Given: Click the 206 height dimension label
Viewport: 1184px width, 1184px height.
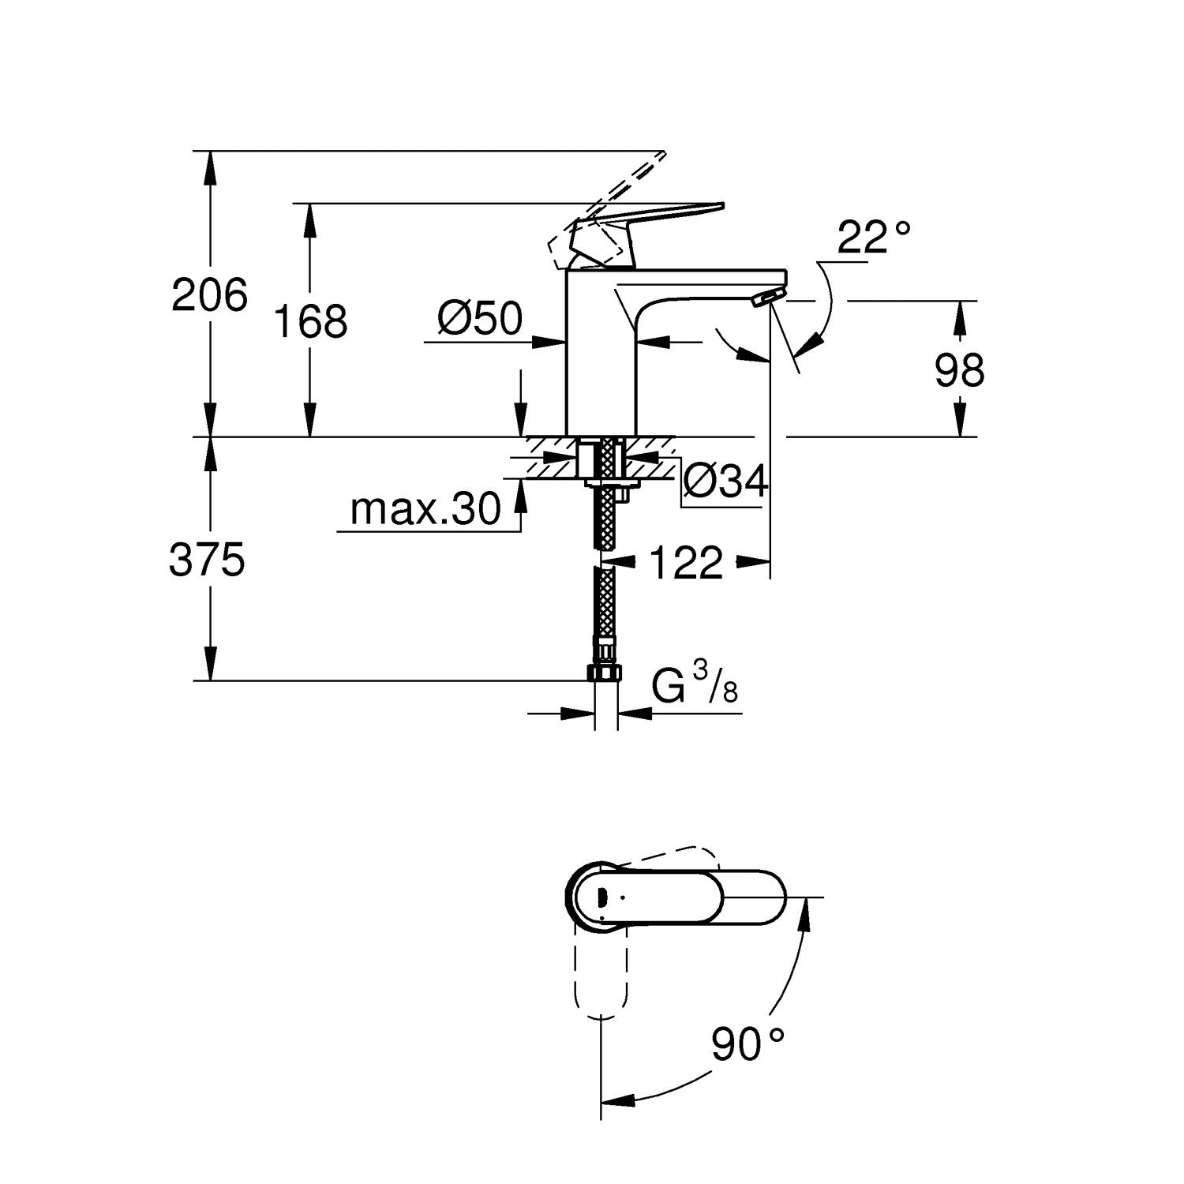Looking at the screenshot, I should [x=210, y=296].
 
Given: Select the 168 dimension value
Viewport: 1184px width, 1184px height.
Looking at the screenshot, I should [x=310, y=321].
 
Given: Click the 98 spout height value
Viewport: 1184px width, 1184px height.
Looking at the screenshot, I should [x=959, y=370].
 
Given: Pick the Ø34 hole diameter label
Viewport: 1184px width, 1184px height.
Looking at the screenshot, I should [x=725, y=481].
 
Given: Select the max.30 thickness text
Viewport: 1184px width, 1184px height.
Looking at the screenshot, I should [x=425, y=509].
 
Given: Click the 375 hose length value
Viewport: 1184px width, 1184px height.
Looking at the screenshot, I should [x=208, y=560].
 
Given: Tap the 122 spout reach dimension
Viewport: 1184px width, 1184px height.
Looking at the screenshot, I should [x=685, y=564].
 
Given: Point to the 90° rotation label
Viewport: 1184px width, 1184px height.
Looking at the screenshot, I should [x=747, y=1044].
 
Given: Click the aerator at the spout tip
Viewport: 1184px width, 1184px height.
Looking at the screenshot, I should [x=766, y=298].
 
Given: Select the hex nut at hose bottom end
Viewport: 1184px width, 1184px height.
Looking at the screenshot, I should [x=605, y=673].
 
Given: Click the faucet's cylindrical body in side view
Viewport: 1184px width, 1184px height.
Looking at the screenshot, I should [x=600, y=355].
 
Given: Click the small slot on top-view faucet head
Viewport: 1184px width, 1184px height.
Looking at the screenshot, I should [x=601, y=897].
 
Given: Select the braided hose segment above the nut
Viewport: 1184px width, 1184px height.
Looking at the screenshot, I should [x=605, y=608].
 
